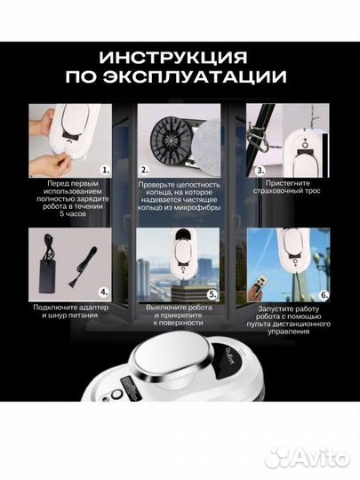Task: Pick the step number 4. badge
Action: click(105, 289)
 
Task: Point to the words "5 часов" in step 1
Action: click(67, 214)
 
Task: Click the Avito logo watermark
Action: click(307, 456)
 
